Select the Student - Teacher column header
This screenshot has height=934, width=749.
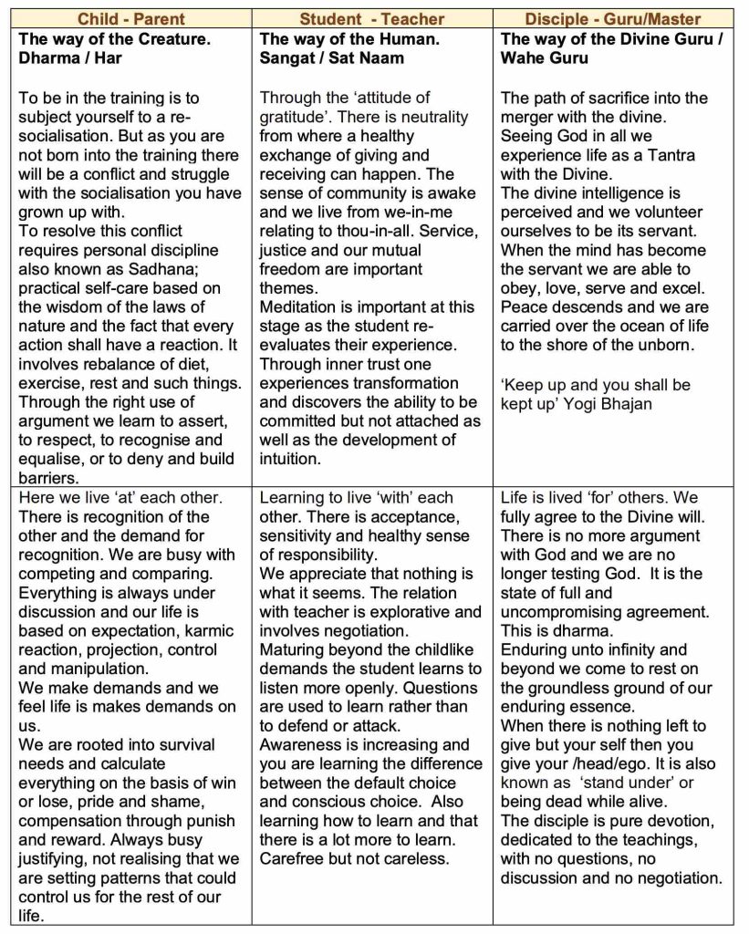(372, 19)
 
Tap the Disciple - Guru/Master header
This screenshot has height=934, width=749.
(612, 19)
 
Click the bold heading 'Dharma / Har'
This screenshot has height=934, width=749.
(68, 58)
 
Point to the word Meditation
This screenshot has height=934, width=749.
(302, 307)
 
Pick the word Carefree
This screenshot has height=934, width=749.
(294, 858)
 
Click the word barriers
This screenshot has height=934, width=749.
(47, 478)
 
